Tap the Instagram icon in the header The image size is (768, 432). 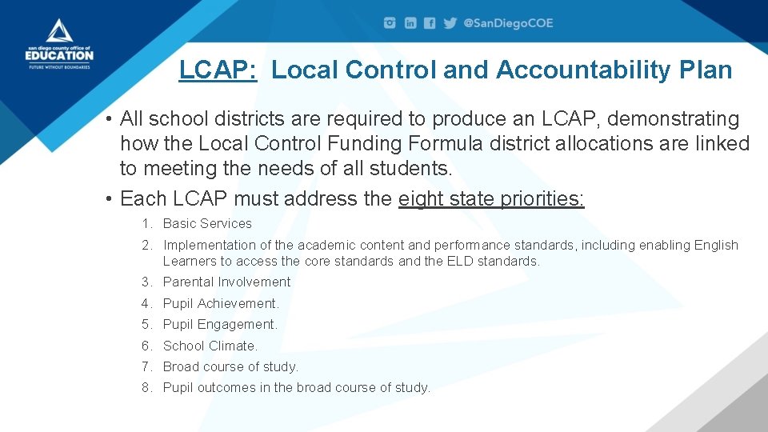point(390,23)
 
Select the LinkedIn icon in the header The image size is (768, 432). point(410,23)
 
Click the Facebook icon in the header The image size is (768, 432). point(430,23)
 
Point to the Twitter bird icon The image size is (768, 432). point(450,23)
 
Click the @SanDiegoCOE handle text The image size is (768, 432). point(509,23)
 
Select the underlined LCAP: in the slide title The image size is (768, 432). point(218,70)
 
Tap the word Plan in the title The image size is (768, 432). point(705,70)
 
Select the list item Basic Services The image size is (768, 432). point(207,224)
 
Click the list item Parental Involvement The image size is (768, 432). point(226,282)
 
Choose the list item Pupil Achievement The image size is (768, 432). point(221,303)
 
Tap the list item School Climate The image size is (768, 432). point(210,346)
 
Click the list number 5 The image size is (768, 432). point(146,325)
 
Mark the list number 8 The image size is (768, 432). point(146,388)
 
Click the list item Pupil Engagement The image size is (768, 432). point(220,325)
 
